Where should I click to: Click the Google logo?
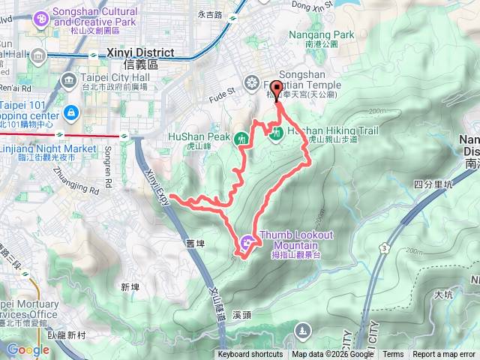[28, 349]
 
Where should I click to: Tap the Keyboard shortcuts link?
[250, 355]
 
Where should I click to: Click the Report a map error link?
[445, 355]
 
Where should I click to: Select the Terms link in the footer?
[393, 355]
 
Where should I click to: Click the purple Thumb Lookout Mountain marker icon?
[247, 242]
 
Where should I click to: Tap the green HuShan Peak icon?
[241, 138]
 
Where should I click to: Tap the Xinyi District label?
[141, 53]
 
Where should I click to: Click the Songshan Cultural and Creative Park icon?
[40, 16]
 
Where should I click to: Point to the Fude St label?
[221, 94]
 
